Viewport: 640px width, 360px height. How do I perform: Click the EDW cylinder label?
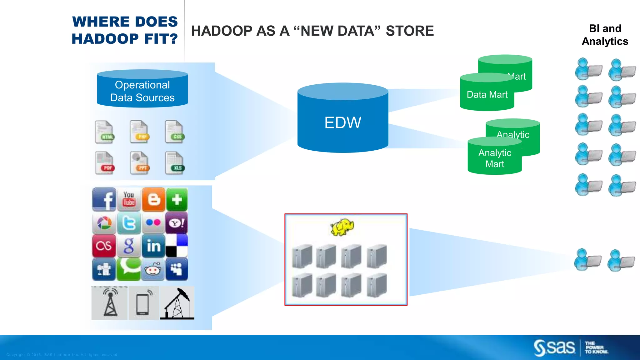pyautogui.click(x=343, y=122)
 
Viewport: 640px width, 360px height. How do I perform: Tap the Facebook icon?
pyautogui.click(x=104, y=199)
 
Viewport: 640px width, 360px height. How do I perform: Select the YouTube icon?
pyautogui.click(x=129, y=199)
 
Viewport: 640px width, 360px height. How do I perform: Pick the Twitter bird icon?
pyautogui.click(x=129, y=223)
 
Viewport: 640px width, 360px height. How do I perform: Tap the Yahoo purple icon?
pyautogui.click(x=177, y=223)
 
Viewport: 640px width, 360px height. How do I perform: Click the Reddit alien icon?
pyautogui.click(x=153, y=269)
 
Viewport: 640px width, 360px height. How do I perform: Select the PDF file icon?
pyautogui.click(x=105, y=163)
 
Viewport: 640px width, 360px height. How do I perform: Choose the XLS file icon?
pyautogui.click(x=175, y=163)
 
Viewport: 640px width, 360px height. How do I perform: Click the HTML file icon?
pyautogui.click(x=105, y=132)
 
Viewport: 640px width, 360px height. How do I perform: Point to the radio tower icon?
pyautogui.click(x=110, y=303)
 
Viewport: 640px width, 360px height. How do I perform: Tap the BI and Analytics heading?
pyautogui.click(x=605, y=35)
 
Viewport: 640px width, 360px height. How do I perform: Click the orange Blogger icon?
pyautogui.click(x=153, y=199)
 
